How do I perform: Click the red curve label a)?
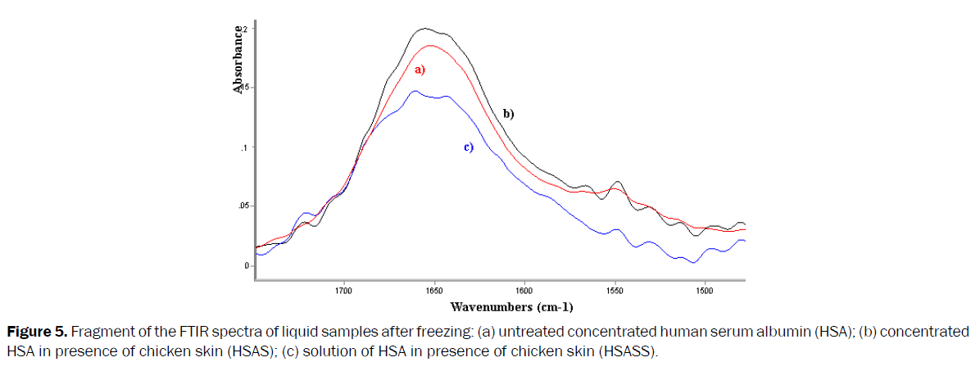click(419, 70)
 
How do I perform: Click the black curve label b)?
click(508, 114)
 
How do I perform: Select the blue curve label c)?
click(469, 147)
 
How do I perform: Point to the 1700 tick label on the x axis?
click(343, 290)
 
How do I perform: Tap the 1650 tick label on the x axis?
click(434, 290)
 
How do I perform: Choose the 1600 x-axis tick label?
click(524, 290)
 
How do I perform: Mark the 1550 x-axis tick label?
click(615, 290)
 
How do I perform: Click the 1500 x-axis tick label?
click(705, 290)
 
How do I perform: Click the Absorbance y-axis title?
click(238, 60)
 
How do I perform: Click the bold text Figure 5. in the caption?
click(35, 333)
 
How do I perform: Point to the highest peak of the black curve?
click(424, 29)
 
